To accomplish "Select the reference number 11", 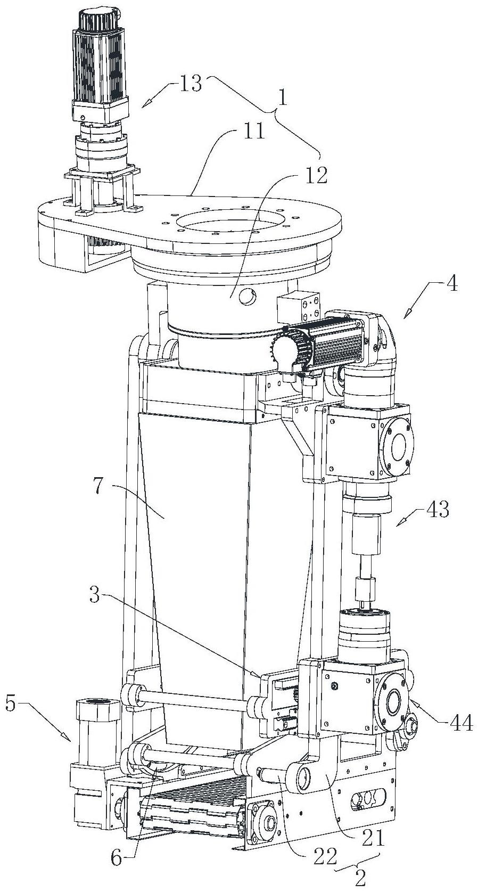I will tap(254, 130).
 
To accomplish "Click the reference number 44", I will tap(460, 724).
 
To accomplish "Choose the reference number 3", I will tap(94, 596).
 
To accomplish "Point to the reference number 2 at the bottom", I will tap(360, 879).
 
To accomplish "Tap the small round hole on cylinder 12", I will tap(248, 298).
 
